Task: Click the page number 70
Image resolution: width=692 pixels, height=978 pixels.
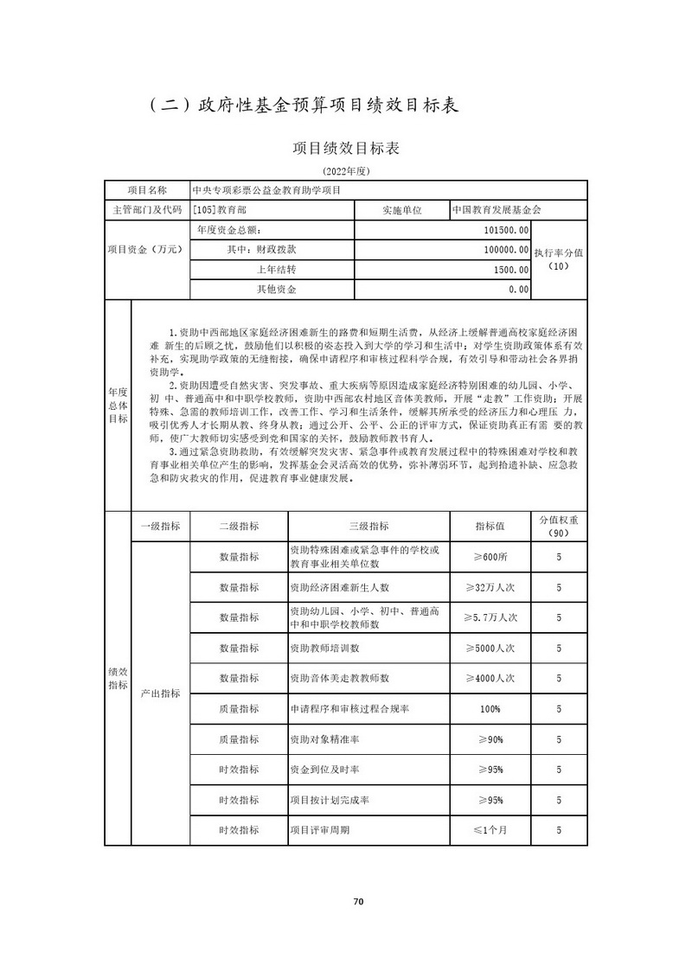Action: (359, 902)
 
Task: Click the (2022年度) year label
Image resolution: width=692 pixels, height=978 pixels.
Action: (346, 172)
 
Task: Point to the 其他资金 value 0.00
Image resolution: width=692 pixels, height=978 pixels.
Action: (518, 290)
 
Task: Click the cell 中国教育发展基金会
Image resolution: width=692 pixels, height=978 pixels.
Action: (497, 210)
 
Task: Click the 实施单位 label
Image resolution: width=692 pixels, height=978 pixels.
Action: (401, 210)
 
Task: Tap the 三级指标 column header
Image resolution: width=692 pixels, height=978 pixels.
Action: (368, 526)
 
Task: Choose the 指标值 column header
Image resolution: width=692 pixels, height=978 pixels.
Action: (490, 526)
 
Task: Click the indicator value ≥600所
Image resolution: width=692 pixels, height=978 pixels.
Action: (490, 557)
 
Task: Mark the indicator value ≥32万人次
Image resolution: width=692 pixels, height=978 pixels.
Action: (490, 587)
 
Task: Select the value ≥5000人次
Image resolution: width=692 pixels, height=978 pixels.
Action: (490, 648)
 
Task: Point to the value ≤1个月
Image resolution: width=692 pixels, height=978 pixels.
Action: (490, 830)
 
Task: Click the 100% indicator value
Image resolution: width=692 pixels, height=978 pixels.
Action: (490, 709)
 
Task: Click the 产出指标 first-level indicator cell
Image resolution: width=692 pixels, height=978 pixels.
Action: (160, 694)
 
